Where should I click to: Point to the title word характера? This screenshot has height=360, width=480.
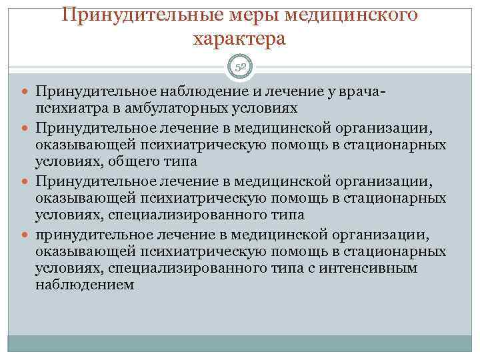click(x=240, y=39)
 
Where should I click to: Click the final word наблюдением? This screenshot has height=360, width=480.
click(x=85, y=285)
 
